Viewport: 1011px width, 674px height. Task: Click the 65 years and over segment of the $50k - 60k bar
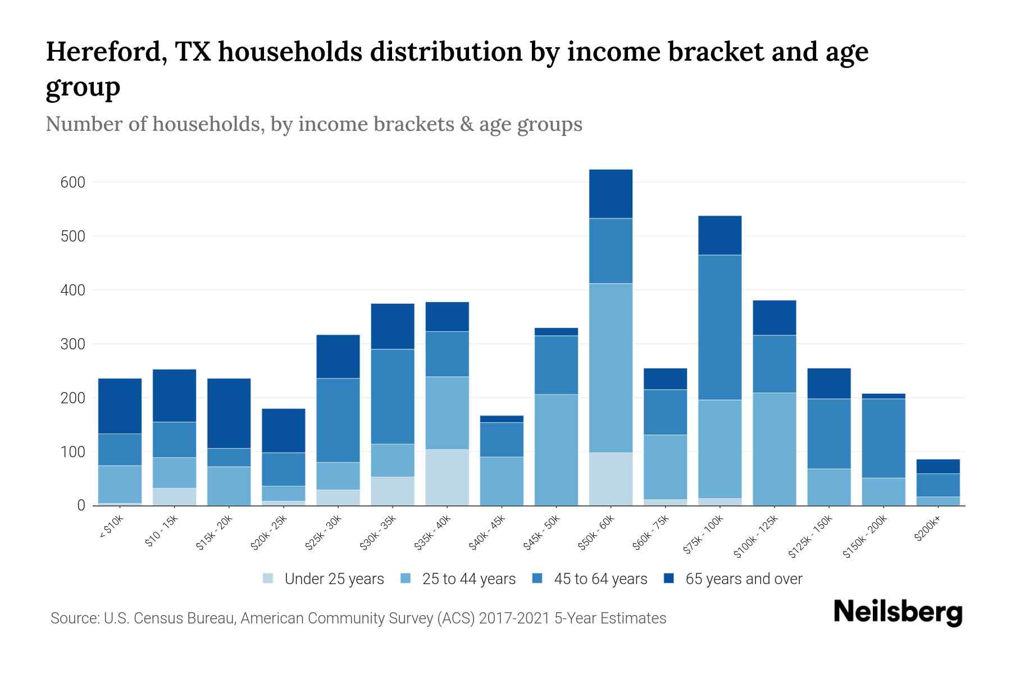(611, 194)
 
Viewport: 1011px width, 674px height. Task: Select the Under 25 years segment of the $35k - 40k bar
(447, 477)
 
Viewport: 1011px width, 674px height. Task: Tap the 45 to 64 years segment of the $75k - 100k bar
(719, 327)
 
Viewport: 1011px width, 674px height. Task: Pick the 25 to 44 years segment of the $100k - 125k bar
(774, 449)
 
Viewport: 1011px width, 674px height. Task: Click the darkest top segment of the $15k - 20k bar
(229, 413)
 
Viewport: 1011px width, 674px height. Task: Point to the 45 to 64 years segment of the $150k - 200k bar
(883, 438)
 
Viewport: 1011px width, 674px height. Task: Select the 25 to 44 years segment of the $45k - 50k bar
(556, 449)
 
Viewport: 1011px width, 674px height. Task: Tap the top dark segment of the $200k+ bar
(937, 466)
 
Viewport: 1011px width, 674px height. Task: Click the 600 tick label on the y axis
(72, 183)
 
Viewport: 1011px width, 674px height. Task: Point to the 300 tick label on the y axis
(72, 344)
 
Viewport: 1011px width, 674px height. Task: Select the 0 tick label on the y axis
(81, 505)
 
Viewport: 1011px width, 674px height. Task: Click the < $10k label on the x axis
(111, 528)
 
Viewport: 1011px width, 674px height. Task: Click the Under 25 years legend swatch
(268, 579)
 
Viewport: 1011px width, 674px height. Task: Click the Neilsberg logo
(898, 612)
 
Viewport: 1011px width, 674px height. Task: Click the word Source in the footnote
(74, 618)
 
